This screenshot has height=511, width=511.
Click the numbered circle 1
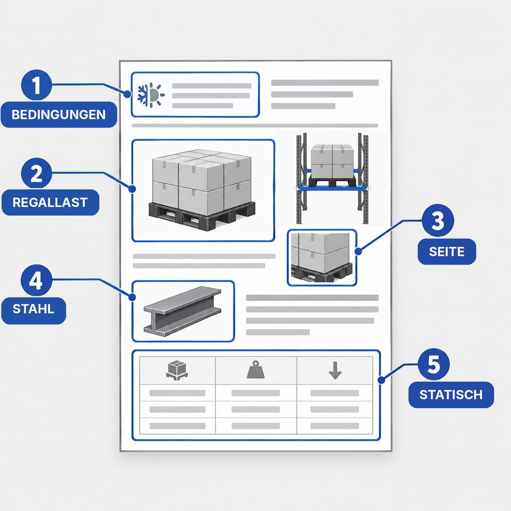pos(36,85)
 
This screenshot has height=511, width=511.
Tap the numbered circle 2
pos(36,173)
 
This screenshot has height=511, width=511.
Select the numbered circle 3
pos(438,220)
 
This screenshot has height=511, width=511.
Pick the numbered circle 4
pos(36,280)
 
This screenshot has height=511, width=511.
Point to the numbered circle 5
pos(433,365)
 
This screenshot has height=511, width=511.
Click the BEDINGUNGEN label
pos(59,115)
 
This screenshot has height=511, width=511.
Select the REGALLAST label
pos(50,202)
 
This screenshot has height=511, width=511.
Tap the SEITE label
pos(447,251)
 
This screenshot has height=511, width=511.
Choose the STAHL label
pos(34,309)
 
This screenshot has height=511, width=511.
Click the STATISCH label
pos(451,395)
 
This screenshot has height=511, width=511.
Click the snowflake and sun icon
pos(151,95)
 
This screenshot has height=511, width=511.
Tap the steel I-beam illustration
pos(182,311)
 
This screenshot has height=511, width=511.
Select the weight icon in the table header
pos(255,369)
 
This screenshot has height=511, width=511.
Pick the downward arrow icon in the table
pos(335,370)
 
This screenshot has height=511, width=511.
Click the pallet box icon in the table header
pos(177,370)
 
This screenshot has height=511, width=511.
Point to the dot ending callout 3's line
pos(358,251)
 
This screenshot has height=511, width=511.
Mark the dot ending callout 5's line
pos(381,380)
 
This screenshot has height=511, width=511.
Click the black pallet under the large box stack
pos(202,215)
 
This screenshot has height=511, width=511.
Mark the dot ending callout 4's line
pos(132,297)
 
